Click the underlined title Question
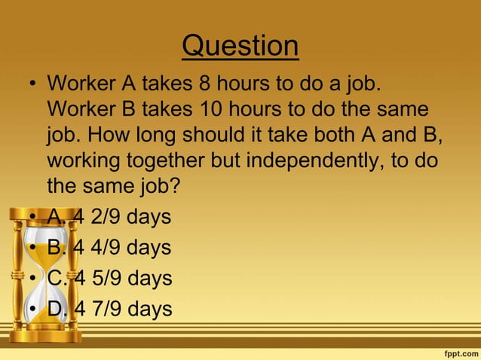(x=240, y=47)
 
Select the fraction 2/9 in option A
(x=108, y=217)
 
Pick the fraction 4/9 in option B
(x=108, y=248)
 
